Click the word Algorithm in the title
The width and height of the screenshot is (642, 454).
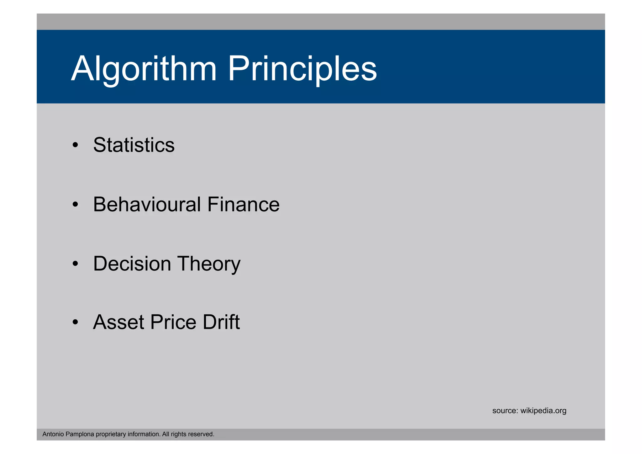(144, 69)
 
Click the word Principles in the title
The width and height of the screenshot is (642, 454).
(302, 69)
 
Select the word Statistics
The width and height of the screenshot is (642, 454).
(134, 145)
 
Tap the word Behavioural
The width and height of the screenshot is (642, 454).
(147, 204)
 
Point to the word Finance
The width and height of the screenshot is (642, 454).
(243, 204)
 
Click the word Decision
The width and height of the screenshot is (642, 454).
(132, 263)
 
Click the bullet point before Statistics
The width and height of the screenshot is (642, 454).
(75, 145)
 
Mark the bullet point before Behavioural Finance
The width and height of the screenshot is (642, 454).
(75, 205)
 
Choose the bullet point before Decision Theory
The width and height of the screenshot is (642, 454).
(75, 264)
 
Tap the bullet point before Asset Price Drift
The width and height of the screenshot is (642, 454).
(75, 322)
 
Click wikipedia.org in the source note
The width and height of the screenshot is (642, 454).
(543, 411)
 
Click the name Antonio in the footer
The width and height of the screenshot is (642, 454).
(53, 434)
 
